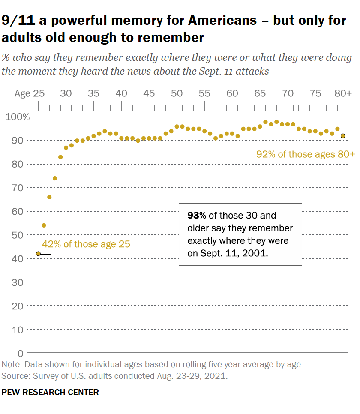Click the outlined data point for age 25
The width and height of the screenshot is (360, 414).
point(38,254)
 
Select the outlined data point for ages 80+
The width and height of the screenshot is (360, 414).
point(343,136)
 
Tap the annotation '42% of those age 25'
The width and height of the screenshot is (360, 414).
point(86,245)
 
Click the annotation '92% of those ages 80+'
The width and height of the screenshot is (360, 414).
point(306,154)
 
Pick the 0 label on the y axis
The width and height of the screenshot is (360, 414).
point(20,353)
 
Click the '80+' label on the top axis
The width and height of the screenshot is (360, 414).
point(343,93)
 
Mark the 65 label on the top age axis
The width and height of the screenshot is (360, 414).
point(260,93)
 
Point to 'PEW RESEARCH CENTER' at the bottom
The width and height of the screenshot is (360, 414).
point(50,392)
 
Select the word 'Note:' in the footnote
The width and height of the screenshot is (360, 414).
point(12,365)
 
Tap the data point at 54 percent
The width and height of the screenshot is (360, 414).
point(44,225)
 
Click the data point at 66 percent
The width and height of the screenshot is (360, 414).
point(49,197)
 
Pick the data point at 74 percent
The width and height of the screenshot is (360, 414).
point(55,178)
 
